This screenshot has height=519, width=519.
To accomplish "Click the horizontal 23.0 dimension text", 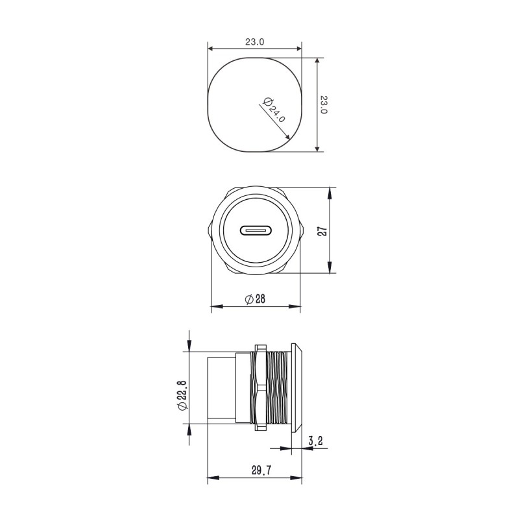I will click(255, 42).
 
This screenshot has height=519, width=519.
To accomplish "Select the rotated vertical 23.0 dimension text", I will click(324, 104).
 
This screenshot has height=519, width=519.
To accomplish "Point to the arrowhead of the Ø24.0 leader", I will click(287, 138).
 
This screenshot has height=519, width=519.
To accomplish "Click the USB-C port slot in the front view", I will click(258, 230).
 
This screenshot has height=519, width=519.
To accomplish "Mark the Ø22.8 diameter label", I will click(182, 394).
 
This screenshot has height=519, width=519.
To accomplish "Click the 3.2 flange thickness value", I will click(317, 441).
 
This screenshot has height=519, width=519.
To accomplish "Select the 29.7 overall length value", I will click(259, 472).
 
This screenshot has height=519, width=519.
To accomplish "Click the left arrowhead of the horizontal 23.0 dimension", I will click(210, 48).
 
